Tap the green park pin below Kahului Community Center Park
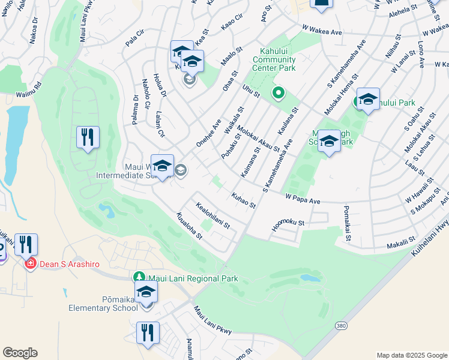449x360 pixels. (x=277, y=92)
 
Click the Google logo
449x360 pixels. (x=20, y=353)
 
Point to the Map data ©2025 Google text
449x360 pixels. (x=411, y=355)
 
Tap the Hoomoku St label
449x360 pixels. (x=288, y=224)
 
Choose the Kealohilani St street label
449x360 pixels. (x=213, y=215)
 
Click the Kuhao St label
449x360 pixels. (x=243, y=200)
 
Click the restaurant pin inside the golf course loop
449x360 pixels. (x=88, y=138)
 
